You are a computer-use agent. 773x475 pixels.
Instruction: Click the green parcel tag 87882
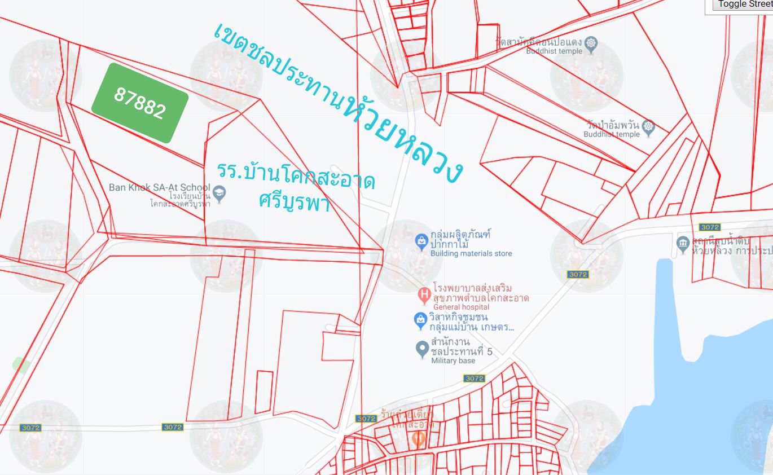(139, 103)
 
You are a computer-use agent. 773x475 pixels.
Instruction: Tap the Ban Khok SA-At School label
(159, 187)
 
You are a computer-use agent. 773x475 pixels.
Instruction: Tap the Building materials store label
(471, 253)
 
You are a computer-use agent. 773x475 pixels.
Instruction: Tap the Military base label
(453, 360)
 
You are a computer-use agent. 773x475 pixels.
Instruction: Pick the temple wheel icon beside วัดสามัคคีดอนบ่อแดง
(591, 43)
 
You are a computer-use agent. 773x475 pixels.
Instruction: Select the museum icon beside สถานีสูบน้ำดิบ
(683, 243)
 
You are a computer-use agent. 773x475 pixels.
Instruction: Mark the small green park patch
(20, 364)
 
